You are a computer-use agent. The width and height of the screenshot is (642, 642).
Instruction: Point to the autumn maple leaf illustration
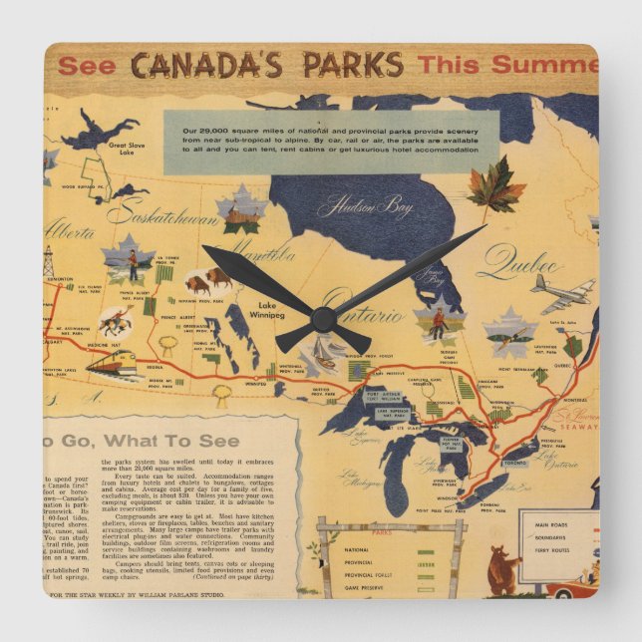(x=495, y=185)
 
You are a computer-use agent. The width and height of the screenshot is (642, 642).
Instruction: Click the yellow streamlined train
(x=112, y=363)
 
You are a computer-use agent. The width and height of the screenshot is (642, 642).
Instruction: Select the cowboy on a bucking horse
(x=116, y=321)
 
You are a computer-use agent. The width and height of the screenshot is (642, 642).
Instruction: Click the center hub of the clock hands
(x=321, y=319)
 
